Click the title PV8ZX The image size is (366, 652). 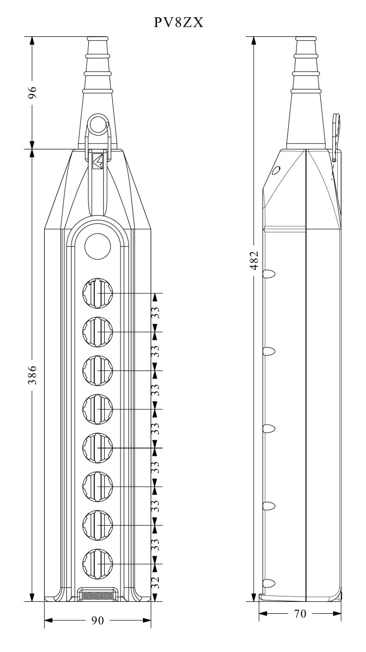click(x=179, y=22)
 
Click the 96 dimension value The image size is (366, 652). click(x=33, y=92)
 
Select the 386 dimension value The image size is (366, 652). click(x=33, y=375)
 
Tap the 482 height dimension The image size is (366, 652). click(x=254, y=260)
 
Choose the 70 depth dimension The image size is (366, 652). click(x=300, y=614)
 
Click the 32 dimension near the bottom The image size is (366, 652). click(x=156, y=583)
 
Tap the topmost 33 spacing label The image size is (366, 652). click(x=156, y=313)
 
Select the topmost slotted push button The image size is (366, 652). click(x=98, y=293)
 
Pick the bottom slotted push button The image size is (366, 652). click(x=98, y=564)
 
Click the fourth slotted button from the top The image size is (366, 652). click(x=98, y=409)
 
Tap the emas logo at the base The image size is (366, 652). click(x=98, y=596)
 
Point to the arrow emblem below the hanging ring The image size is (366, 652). click(x=98, y=161)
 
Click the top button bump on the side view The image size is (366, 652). click(x=269, y=274)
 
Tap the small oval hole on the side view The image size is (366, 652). click(x=276, y=170)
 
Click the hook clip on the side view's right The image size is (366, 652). click(x=337, y=137)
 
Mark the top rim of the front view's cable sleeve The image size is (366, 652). click(x=98, y=38)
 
